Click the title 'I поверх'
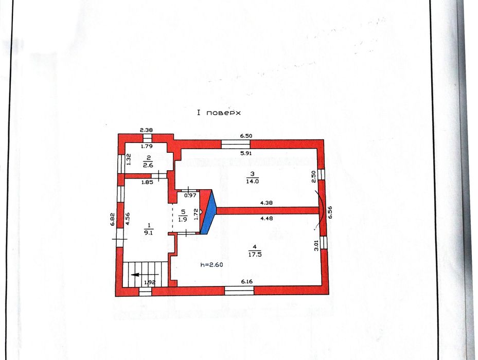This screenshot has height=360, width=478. click(219, 113)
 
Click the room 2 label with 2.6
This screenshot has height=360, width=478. click(148, 161)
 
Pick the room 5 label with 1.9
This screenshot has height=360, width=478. click(183, 215)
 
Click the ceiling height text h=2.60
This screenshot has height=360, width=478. click(211, 264)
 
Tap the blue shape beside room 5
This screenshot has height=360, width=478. click(209, 212)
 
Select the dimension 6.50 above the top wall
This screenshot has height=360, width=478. click(246, 136)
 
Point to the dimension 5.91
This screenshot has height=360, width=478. click(246, 153)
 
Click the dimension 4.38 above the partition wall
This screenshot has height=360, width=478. click(267, 203)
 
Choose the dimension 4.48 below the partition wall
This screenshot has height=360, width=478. click(267, 218)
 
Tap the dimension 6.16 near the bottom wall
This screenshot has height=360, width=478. click(247, 282)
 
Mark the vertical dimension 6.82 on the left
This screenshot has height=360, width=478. click(112, 219)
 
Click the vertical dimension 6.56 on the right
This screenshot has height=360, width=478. click(330, 212)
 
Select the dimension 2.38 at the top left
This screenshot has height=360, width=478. click(146, 130)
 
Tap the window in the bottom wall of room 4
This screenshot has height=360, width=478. click(239, 291)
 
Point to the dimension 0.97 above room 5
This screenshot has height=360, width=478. click(191, 195)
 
